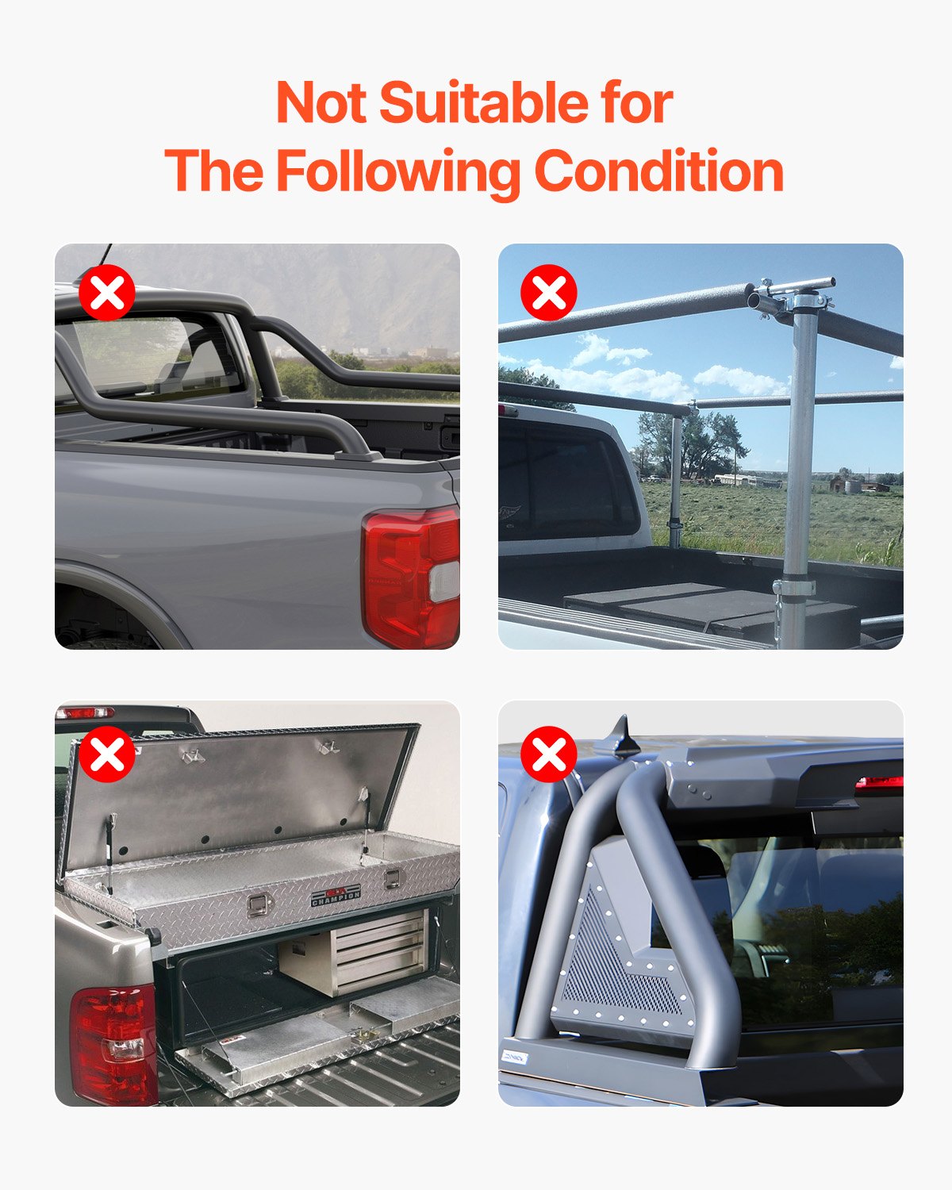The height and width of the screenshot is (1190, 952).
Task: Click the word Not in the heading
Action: [321, 103]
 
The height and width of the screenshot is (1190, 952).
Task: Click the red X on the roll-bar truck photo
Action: [106, 293]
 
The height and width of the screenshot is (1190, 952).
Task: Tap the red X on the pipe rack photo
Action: [549, 293]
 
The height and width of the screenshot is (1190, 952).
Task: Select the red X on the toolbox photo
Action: [106, 754]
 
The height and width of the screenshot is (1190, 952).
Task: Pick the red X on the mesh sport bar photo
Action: [549, 754]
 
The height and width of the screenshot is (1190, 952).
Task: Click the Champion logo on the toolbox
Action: [336, 896]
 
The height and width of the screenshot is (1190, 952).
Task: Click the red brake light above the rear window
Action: [879, 783]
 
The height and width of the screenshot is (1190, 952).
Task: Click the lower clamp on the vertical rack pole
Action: [793, 588]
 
